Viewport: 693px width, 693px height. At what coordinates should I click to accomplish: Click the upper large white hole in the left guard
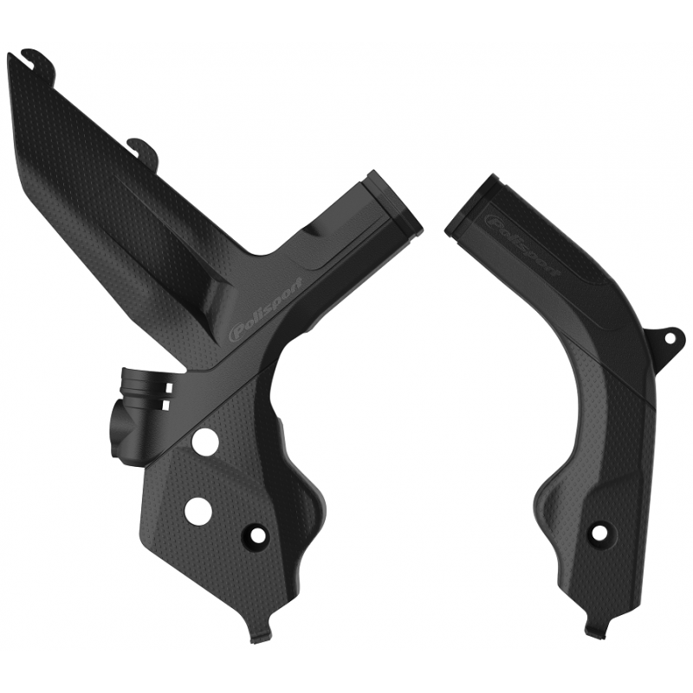tap(203, 441)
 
